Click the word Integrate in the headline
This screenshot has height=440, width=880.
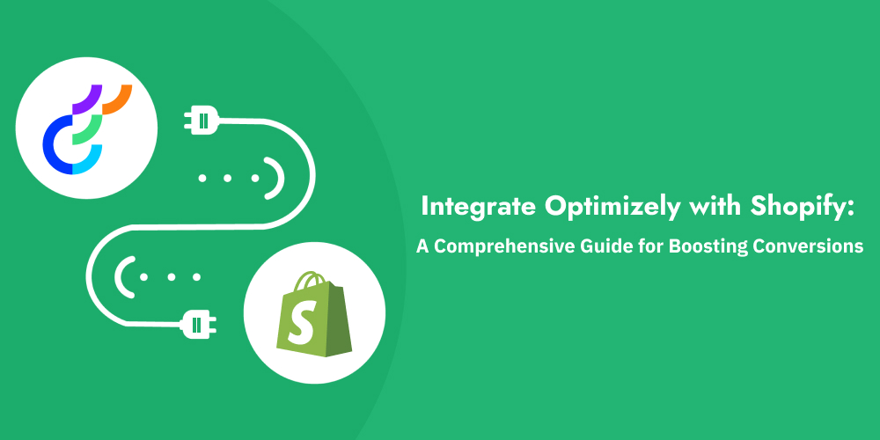point(465,209)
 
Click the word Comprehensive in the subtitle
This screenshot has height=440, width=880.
point(502,247)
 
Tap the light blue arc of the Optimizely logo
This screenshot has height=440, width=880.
point(88,164)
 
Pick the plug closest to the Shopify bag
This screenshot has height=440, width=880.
point(200,324)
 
